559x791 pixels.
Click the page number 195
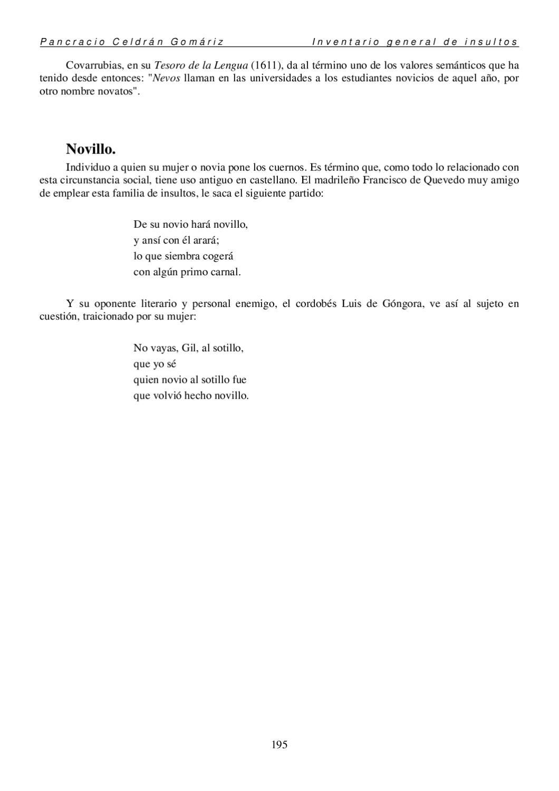279,745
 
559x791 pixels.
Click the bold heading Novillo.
91,149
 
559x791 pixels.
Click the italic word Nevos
167,78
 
